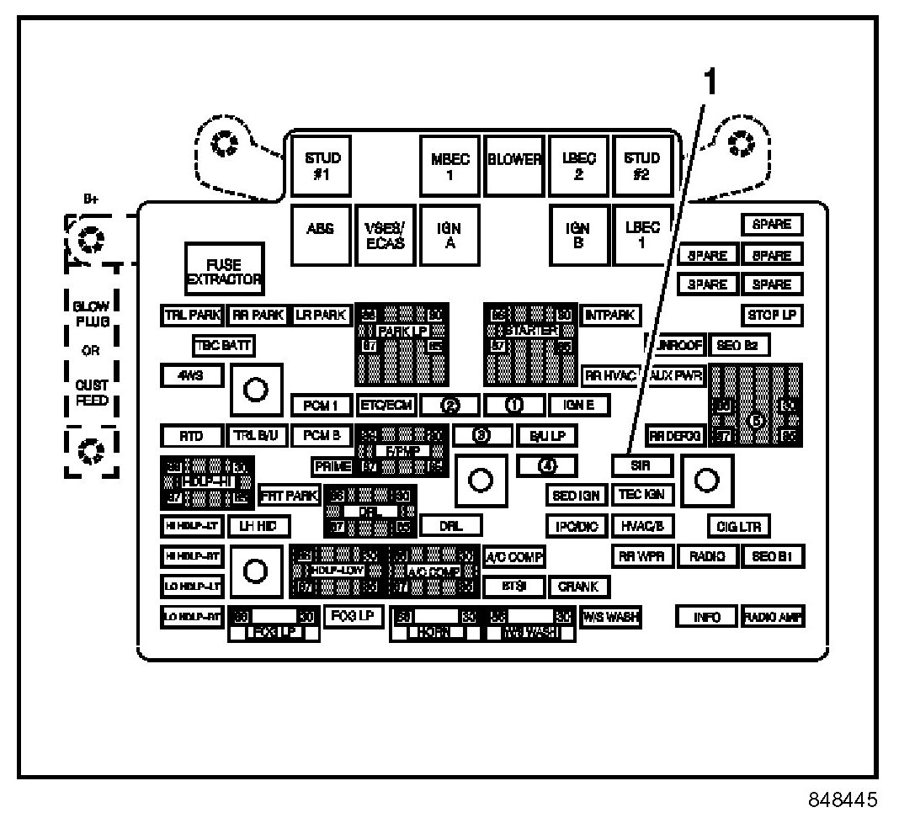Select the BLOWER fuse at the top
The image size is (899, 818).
point(514,161)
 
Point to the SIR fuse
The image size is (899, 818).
point(641,465)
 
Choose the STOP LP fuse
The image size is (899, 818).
point(771,316)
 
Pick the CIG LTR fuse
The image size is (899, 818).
point(738,527)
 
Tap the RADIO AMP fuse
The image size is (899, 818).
point(772,617)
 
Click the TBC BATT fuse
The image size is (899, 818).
point(223,345)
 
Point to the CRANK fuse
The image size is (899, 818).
point(579,586)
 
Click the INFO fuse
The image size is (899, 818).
point(706,617)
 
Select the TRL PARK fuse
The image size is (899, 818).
point(193,316)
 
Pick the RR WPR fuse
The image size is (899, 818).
point(642,556)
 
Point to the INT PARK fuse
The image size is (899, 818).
point(610,316)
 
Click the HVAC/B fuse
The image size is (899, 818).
point(642,526)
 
